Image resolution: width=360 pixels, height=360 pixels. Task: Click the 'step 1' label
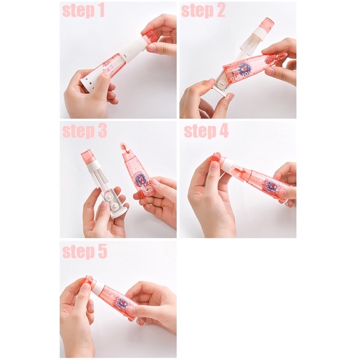(84, 11)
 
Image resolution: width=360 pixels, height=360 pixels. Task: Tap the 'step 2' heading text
(203, 11)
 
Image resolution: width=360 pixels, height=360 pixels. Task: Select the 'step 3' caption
(84, 131)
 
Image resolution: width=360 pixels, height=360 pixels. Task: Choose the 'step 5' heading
(84, 251)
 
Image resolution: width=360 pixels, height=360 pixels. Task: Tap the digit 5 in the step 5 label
(102, 251)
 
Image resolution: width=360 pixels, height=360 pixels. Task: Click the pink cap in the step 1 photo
(149, 36)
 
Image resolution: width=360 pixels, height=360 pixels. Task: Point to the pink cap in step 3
(87, 156)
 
